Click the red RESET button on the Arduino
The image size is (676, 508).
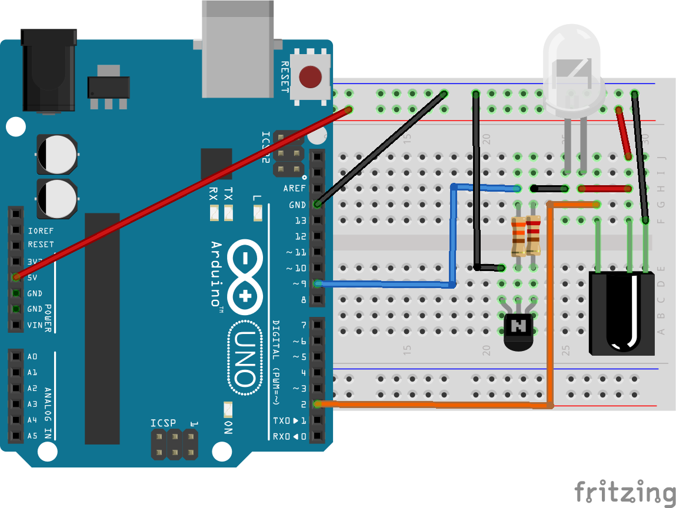point(310,76)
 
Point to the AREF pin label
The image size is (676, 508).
point(294,189)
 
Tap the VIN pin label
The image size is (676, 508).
point(35,325)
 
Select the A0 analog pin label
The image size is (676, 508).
point(32,356)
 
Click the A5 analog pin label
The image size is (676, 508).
point(32,436)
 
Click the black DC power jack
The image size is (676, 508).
point(48,71)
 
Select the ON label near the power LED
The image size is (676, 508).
point(228,427)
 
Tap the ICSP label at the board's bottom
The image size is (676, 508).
point(162,423)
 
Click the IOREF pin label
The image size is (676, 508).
point(40,229)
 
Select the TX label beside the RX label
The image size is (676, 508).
point(228,194)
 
